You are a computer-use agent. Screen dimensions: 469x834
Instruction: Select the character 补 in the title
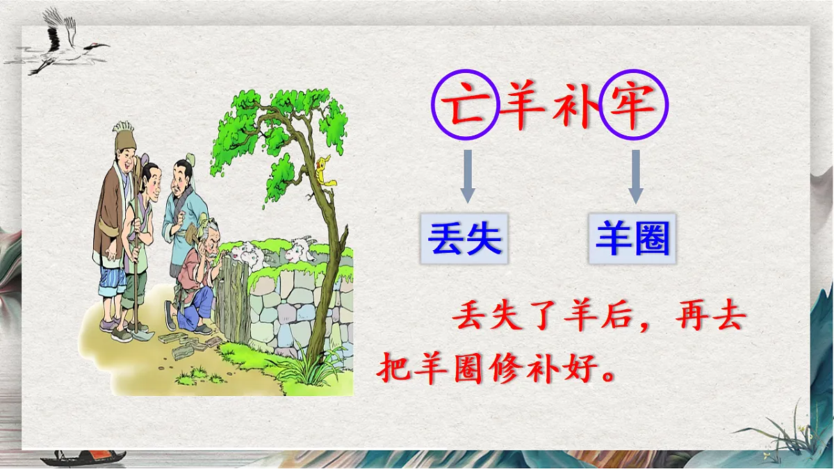(575, 106)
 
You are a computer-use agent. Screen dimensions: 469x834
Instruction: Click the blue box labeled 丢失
(464, 239)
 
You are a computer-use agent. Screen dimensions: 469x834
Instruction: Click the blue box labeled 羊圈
(632, 239)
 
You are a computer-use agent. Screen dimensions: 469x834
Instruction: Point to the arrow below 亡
(468, 176)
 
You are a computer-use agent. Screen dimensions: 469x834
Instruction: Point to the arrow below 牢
(635, 176)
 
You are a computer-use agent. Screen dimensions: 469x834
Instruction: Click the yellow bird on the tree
(322, 170)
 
